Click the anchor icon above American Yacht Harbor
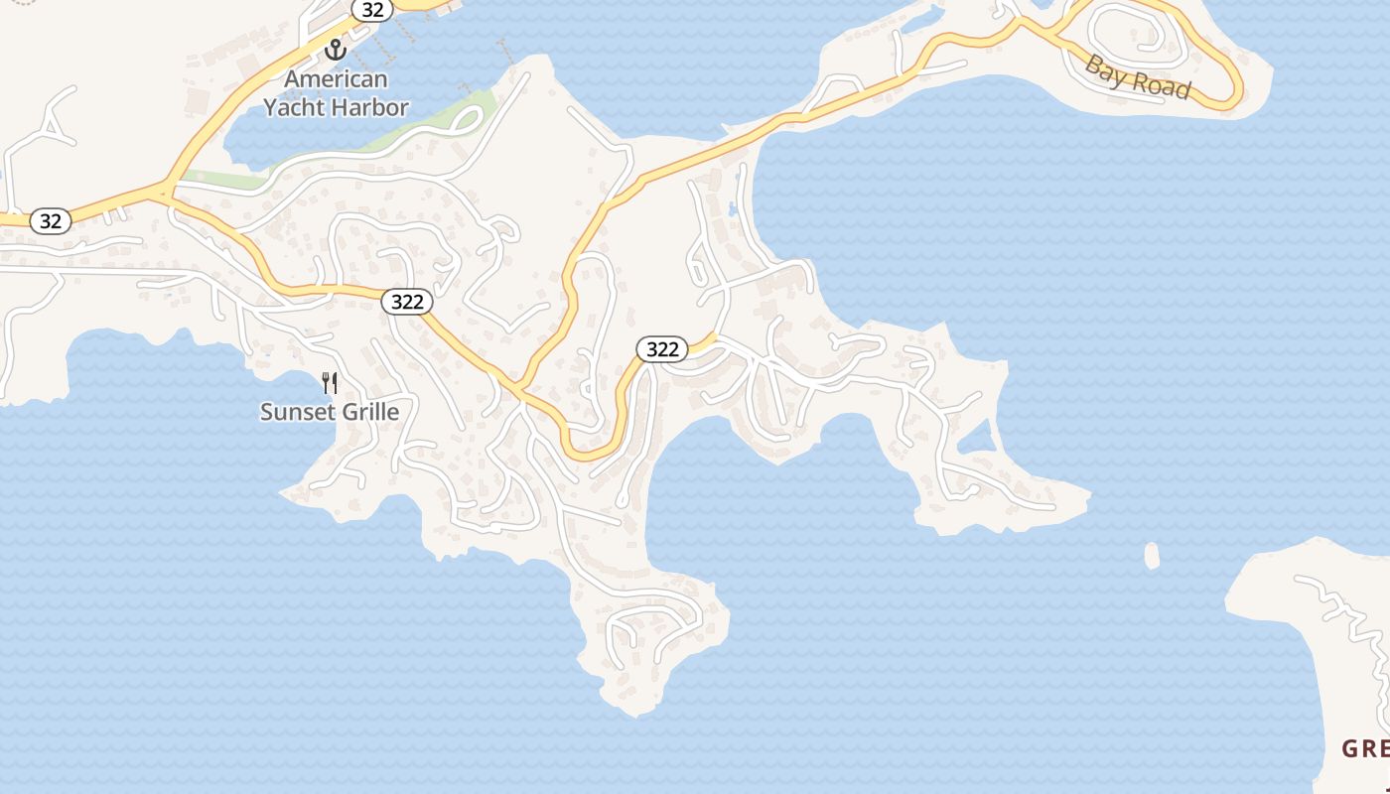(x=336, y=49)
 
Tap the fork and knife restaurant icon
(x=330, y=382)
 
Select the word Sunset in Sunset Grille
(x=295, y=411)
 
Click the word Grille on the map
(x=366, y=411)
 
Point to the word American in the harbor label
(x=337, y=78)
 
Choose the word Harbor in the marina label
(x=368, y=107)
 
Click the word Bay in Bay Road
(x=1104, y=69)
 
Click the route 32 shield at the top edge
(x=372, y=9)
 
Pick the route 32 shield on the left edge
(x=50, y=220)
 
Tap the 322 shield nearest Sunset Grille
(x=407, y=302)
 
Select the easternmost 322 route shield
(x=661, y=348)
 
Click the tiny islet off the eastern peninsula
(x=1152, y=556)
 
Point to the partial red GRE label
(x=1365, y=748)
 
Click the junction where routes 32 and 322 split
(x=165, y=191)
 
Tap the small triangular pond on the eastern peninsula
(x=978, y=437)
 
